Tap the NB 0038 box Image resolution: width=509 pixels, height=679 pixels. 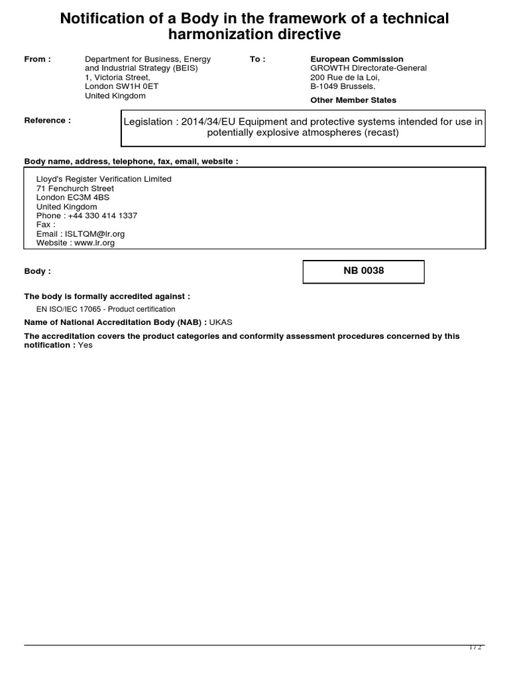coord(363,271)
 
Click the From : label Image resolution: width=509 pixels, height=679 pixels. coord(38,60)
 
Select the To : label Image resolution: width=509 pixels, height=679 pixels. coord(258,60)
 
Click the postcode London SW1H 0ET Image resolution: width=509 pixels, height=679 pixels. coord(122,86)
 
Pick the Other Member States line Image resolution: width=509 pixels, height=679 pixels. coord(353,100)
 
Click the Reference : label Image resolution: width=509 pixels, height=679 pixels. coord(47,121)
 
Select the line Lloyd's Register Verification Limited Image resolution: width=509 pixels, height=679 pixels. coord(103,179)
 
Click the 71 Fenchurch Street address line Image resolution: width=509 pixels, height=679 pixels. coord(75,188)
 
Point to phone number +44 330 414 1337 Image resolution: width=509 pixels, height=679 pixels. coord(103,216)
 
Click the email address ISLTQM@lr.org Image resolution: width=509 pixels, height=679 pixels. coord(93,234)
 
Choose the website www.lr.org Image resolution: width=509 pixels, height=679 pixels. coord(94,243)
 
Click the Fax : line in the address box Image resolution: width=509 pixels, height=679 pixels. coord(46,225)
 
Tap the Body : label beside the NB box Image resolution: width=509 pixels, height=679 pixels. coord(37,272)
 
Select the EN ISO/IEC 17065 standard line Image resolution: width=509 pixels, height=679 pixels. coord(105,310)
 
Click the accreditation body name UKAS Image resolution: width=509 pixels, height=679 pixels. coord(221,322)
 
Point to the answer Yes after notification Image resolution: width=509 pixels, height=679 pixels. coord(85,345)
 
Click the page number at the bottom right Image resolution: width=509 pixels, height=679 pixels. coord(475,648)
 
